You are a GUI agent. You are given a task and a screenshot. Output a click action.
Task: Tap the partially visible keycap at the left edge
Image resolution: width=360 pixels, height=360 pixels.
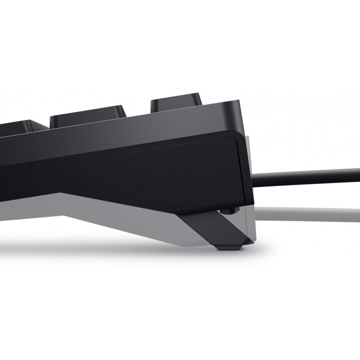click(x=18, y=126)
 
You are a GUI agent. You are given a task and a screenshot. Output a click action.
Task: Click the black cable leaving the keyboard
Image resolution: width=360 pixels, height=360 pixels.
click(x=306, y=173)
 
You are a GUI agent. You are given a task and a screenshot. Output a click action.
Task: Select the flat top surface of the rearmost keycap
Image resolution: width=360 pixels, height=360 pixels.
click(x=175, y=95)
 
